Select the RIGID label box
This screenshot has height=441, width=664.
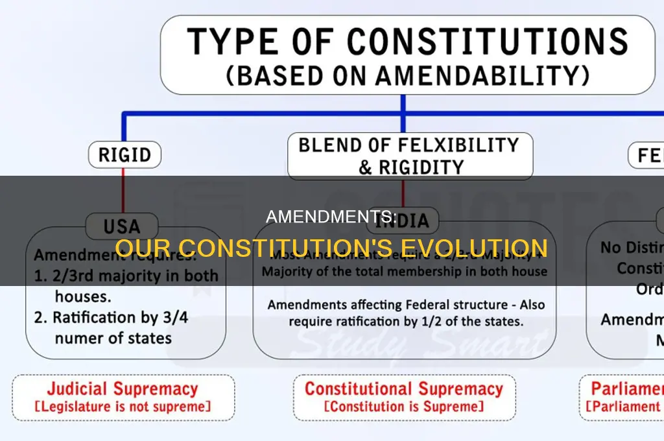click(124, 155)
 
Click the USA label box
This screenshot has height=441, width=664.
click(122, 227)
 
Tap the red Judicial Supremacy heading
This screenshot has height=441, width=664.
click(122, 389)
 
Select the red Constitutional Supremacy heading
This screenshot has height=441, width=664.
click(403, 389)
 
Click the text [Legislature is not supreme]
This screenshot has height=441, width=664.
click(122, 407)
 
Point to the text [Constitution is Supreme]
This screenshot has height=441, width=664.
click(403, 407)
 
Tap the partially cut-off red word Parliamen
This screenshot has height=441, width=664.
click(626, 389)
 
